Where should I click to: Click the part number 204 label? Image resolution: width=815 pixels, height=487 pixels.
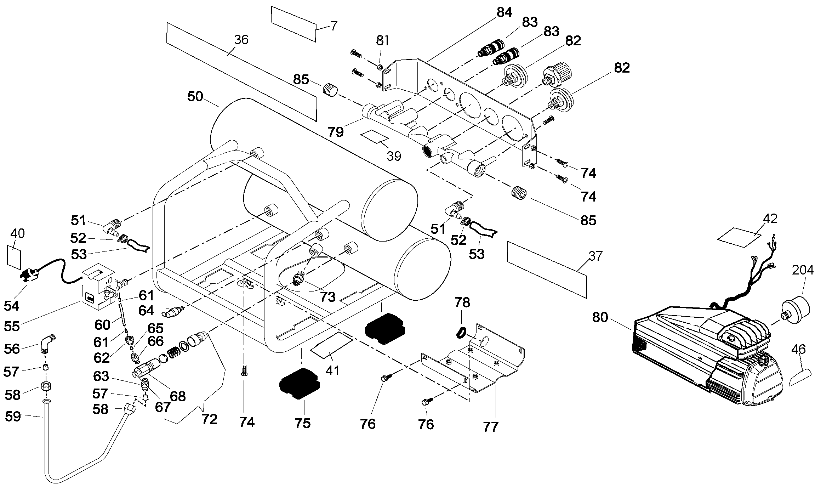[x=803, y=271]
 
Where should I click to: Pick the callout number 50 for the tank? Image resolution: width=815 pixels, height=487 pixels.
[x=195, y=96]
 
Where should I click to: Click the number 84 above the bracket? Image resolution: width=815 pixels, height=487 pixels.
[x=504, y=12]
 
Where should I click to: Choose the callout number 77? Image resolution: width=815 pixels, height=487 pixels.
[x=491, y=427]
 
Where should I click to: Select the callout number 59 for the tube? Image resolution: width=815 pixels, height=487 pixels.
[x=13, y=417]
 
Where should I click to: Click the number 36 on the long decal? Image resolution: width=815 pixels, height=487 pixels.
[x=241, y=40]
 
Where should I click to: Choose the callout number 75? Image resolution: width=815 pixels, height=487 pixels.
[x=302, y=423]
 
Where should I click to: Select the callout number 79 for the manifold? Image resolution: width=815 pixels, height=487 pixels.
[x=335, y=132]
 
